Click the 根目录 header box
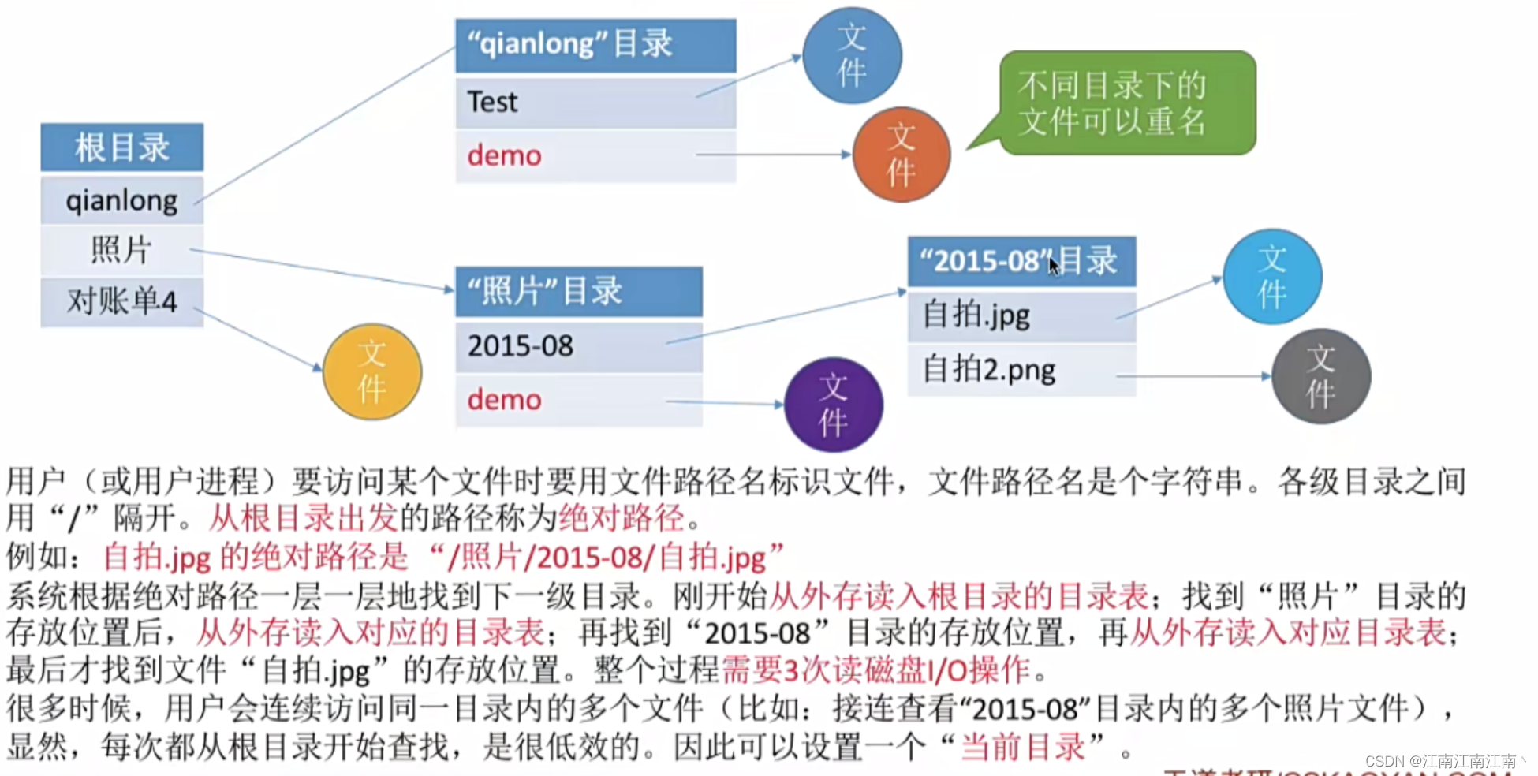(121, 147)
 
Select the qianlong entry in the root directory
(121, 200)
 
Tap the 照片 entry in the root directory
(121, 251)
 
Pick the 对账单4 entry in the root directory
(121, 301)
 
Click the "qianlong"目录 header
(595, 45)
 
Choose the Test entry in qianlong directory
(595, 103)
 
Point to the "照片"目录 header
(578, 292)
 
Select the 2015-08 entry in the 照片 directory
(578, 346)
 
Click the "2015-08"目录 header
(1021, 261)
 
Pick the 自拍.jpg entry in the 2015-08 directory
(1021, 316)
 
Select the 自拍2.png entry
(1021, 370)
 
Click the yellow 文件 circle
(372, 371)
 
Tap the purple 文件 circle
(834, 405)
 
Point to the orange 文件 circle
(902, 155)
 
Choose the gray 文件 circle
(1321, 376)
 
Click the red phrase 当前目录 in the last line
(1023, 746)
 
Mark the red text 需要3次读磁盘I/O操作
(875, 670)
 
